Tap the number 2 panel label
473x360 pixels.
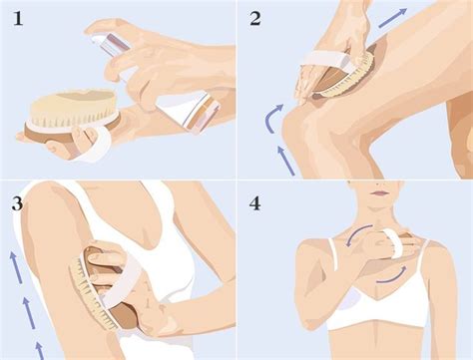[x=254, y=17]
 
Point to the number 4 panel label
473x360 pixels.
[x=255, y=204]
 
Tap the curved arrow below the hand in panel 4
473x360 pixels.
[x=394, y=271]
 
